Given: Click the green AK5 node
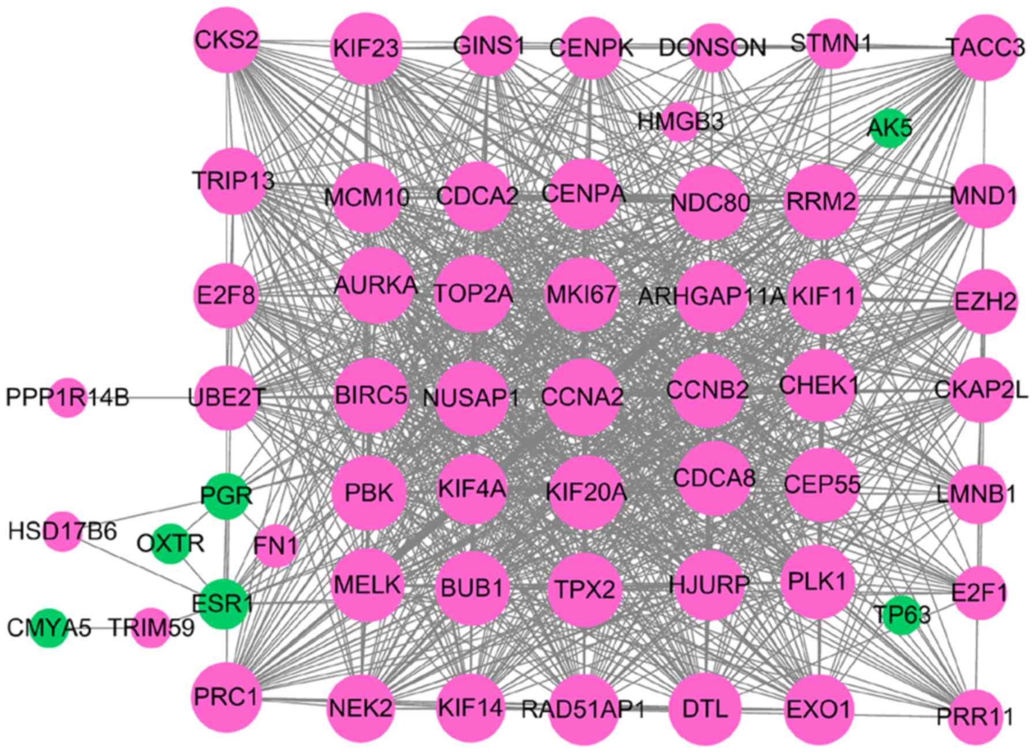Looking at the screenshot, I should click(x=890, y=128).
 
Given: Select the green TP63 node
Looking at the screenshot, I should click(x=902, y=615).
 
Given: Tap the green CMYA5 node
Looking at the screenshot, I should click(x=49, y=628).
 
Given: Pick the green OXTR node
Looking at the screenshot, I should click(x=170, y=543).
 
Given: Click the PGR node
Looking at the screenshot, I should click(x=227, y=496).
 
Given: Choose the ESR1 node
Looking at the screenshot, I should click(x=224, y=603).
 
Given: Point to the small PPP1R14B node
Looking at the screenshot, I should click(x=68, y=397).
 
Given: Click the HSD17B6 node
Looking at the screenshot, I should click(x=62, y=531).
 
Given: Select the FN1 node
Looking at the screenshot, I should click(x=276, y=546).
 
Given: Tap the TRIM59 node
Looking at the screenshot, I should click(x=151, y=628).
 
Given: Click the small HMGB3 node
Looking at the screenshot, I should click(x=680, y=122).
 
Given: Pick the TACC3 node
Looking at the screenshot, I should click(x=985, y=47).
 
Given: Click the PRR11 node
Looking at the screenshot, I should click(x=976, y=717).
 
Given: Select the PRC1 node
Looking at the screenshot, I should click(x=226, y=697).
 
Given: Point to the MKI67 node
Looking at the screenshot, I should click(x=581, y=295).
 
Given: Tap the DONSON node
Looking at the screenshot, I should click(x=712, y=48).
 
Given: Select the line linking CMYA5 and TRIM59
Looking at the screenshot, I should click(x=98, y=628).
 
